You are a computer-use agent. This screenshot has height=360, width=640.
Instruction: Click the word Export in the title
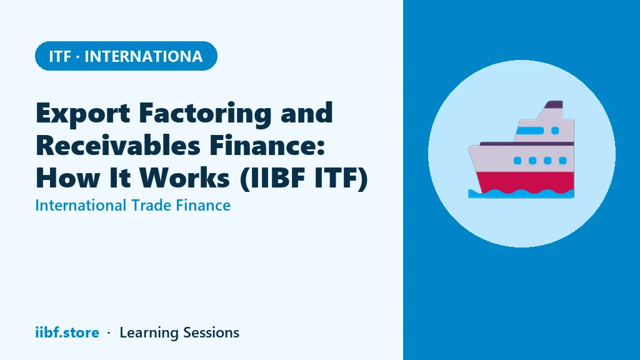tap(83, 113)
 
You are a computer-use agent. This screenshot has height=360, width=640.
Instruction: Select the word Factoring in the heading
tap(205, 113)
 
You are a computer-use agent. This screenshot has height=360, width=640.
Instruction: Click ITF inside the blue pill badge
tap(60, 56)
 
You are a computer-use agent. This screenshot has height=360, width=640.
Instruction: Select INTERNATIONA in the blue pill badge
tap(143, 56)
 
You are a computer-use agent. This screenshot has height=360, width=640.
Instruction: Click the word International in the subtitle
tap(81, 205)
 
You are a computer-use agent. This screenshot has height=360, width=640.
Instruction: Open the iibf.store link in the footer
tap(67, 332)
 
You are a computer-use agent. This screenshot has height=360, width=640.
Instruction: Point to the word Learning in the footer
tap(148, 333)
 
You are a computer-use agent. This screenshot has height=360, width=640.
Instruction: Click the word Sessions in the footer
tap(211, 332)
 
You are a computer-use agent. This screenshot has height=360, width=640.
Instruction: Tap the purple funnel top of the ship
tap(554, 104)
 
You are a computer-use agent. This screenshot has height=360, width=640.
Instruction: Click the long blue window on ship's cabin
tap(530, 131)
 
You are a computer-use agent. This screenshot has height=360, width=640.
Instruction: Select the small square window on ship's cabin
tap(555, 131)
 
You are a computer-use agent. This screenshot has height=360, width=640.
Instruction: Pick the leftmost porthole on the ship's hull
tap(517, 161)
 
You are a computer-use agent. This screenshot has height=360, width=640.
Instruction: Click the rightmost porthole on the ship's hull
tap(563, 161)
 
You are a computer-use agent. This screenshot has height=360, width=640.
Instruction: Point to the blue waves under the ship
tap(521, 194)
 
